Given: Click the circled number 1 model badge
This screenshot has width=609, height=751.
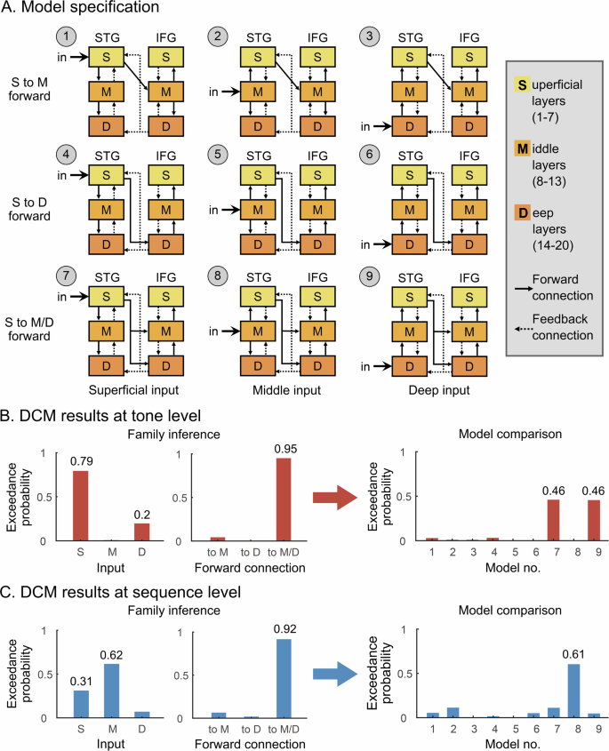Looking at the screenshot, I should (63, 36).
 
